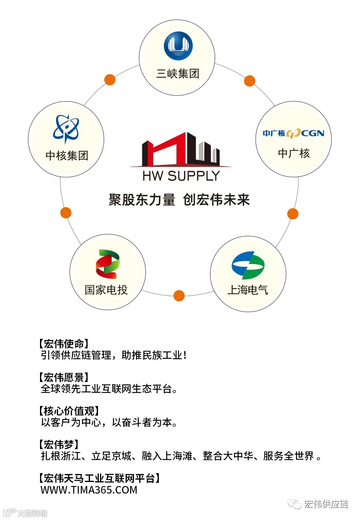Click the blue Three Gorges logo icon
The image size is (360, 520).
(x=178, y=46)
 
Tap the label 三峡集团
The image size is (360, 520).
(x=178, y=74)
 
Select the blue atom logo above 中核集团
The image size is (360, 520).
(x=66, y=129)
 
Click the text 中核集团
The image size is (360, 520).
(x=67, y=156)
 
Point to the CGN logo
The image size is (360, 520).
(x=293, y=133)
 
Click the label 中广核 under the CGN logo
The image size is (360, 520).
(x=294, y=153)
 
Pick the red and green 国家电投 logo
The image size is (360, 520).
(x=107, y=264)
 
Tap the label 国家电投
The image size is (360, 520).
(x=106, y=290)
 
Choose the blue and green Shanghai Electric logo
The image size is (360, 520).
(x=248, y=265)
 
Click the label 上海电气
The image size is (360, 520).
(x=248, y=290)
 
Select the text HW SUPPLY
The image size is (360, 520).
(x=181, y=176)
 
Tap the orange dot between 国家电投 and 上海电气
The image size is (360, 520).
(x=179, y=296)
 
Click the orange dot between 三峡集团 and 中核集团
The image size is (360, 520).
(x=110, y=79)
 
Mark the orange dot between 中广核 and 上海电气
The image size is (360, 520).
(x=293, y=214)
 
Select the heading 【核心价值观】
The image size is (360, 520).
(x=68, y=411)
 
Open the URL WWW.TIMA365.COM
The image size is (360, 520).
(x=89, y=490)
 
